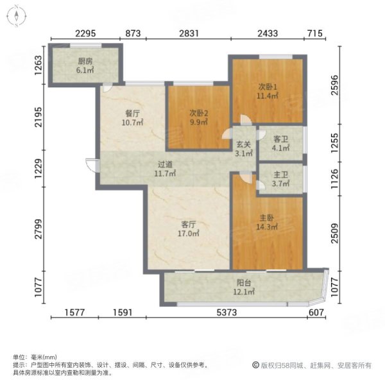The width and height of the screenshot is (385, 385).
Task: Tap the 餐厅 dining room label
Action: point(132,112)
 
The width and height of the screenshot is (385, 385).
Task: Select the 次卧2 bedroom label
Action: point(198,114)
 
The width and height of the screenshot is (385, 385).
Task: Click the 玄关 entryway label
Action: point(241,145)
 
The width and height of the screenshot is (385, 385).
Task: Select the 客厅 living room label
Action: point(187,225)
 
